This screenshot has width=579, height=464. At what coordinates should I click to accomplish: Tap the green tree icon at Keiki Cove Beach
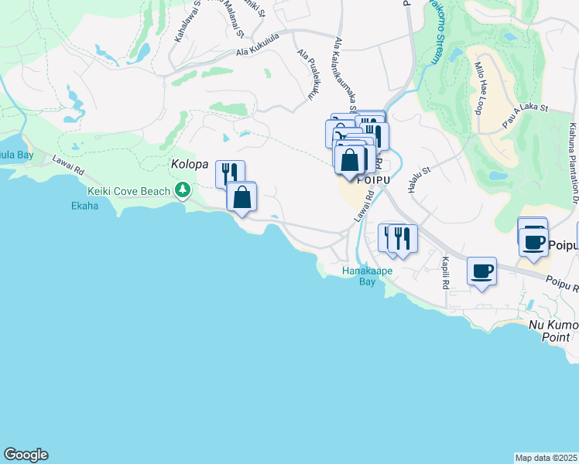(x=183, y=189)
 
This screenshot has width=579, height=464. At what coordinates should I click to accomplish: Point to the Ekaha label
(x=85, y=206)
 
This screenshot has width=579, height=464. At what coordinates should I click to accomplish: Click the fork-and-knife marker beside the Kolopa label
(x=229, y=173)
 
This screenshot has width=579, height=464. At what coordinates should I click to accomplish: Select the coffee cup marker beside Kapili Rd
(x=481, y=271)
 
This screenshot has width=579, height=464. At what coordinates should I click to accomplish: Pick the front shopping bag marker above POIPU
(x=350, y=161)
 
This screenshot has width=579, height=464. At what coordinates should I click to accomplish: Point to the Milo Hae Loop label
(x=479, y=87)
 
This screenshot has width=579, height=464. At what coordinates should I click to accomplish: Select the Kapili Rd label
(x=446, y=272)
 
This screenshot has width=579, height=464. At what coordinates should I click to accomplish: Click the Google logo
(x=26, y=455)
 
